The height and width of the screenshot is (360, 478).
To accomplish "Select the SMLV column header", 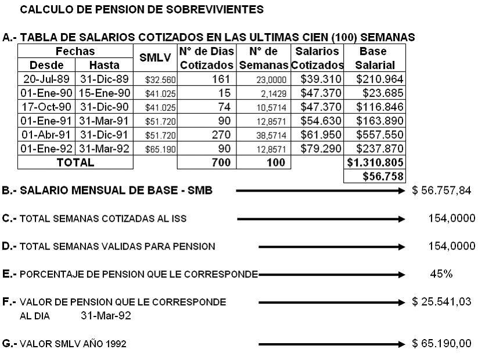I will (x=155, y=58).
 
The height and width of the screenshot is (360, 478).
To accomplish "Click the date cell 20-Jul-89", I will (x=46, y=78).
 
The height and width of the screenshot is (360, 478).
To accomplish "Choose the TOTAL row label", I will (x=75, y=163).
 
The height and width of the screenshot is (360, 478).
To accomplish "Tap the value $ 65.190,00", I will (x=442, y=344).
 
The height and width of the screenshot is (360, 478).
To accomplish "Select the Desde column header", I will (x=46, y=64).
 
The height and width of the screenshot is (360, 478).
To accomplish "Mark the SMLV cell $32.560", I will (x=155, y=78).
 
